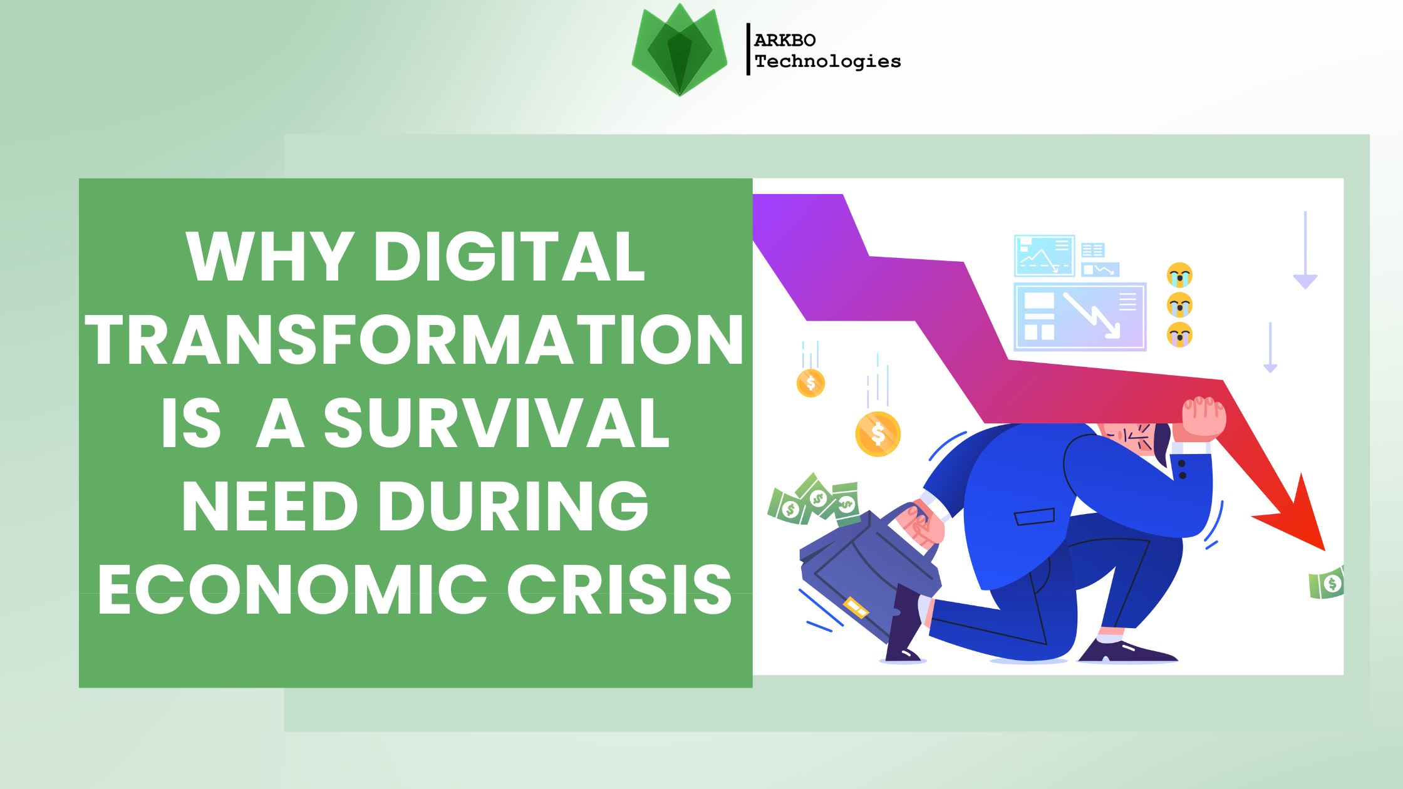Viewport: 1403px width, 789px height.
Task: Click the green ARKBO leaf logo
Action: (680, 50)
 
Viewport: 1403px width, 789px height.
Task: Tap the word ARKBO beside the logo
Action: (785, 41)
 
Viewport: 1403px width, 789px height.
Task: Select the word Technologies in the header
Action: (827, 61)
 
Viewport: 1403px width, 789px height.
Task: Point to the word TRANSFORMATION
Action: (414, 339)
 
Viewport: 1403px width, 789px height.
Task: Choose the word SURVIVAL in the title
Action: (497, 423)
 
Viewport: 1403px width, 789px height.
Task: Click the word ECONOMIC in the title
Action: (293, 589)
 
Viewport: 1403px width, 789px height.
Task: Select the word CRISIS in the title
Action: (619, 589)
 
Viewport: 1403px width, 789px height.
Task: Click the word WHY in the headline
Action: (270, 256)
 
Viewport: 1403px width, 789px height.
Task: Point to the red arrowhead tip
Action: (1323, 550)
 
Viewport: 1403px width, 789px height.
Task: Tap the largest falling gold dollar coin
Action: (878, 434)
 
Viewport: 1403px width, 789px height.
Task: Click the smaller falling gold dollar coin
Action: (810, 383)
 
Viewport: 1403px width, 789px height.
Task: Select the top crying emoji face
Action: (1179, 275)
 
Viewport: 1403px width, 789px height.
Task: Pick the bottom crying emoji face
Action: (1179, 334)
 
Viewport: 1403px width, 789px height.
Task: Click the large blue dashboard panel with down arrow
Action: (1080, 317)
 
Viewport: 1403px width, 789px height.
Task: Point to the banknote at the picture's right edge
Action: (1326, 583)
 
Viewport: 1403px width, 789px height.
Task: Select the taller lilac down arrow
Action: (1305, 250)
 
